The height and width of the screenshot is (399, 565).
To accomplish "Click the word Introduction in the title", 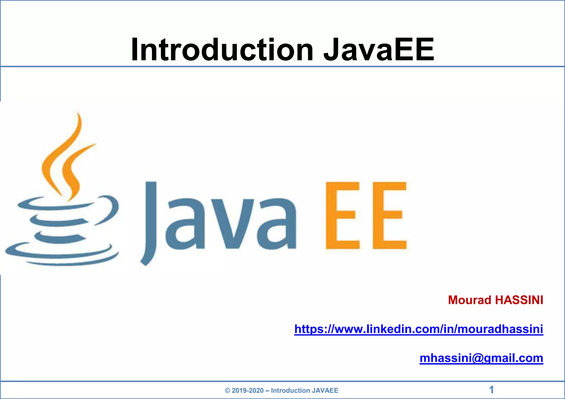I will point(222,50).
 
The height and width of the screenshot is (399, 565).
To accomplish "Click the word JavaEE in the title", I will point(379,50).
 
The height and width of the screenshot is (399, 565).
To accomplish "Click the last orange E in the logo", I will point(389,215).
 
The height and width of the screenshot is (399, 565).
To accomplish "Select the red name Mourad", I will point(470,300).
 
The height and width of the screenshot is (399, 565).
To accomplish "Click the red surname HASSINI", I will point(519,300).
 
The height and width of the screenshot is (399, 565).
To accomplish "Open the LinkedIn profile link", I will point(419,329).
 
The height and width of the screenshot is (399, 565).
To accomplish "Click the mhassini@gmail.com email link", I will point(481,358).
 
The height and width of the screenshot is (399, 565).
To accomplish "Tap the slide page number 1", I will point(491,390).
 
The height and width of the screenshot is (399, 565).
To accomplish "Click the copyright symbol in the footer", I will point(227,390).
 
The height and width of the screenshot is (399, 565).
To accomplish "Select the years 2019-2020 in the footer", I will point(247,390).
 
